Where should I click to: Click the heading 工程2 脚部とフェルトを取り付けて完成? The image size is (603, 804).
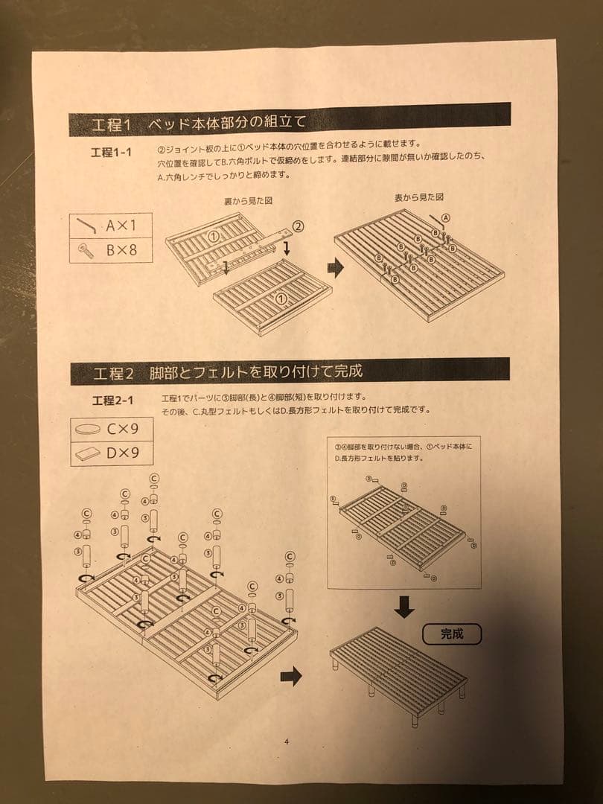click(x=228, y=371)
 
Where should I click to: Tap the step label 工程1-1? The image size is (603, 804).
click(x=111, y=152)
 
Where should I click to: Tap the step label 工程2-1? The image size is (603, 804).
click(x=113, y=401)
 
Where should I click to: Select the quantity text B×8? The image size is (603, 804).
click(x=121, y=250)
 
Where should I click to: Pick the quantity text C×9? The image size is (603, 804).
click(x=122, y=429)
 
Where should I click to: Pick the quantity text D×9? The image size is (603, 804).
click(x=122, y=453)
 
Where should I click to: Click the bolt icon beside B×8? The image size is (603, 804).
click(x=87, y=251)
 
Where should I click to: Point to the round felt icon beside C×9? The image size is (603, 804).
click(x=89, y=430)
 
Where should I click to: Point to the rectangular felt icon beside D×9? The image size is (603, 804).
click(x=89, y=453)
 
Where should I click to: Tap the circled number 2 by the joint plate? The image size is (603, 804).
click(x=297, y=226)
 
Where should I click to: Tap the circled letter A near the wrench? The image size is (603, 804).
click(x=446, y=217)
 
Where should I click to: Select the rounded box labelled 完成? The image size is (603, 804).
click(x=451, y=634)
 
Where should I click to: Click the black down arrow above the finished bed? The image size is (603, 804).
click(x=404, y=606)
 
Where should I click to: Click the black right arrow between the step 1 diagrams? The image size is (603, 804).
click(x=336, y=269)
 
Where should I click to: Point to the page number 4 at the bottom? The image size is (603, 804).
click(x=287, y=741)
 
